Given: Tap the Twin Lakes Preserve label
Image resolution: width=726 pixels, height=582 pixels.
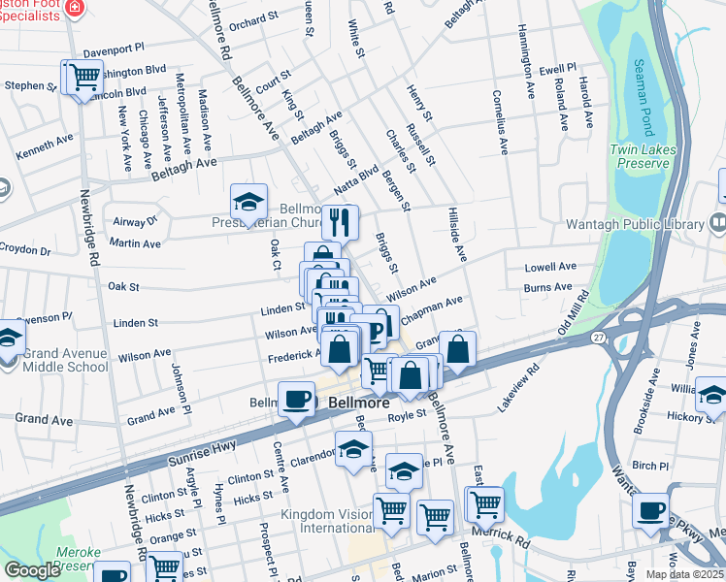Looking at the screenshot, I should [x=641, y=156].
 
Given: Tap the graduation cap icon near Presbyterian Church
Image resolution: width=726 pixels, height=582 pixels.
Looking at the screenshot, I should [x=248, y=204].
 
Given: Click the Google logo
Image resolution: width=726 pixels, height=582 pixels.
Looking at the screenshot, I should [x=32, y=570].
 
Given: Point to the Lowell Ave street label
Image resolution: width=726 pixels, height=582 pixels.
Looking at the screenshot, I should [x=550, y=267].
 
